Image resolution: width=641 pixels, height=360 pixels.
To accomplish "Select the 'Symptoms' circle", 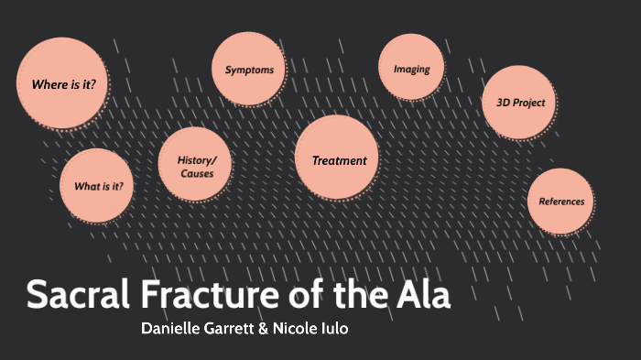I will [249, 70].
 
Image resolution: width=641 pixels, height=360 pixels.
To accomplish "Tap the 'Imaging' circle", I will [411, 69].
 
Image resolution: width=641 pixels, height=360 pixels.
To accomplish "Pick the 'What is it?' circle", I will [98, 186].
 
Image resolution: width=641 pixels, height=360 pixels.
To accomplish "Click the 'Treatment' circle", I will [339, 160].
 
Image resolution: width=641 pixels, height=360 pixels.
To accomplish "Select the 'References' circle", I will [561, 202].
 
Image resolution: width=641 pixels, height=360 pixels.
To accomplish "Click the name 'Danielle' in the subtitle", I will [173, 328].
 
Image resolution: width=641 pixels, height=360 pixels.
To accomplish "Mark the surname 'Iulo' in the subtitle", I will [333, 328].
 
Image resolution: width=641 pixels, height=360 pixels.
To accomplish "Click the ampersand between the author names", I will [264, 328].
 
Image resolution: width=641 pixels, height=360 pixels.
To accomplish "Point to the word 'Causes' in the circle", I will [197, 173].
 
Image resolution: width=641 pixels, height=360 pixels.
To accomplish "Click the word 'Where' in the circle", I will [48, 85].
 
